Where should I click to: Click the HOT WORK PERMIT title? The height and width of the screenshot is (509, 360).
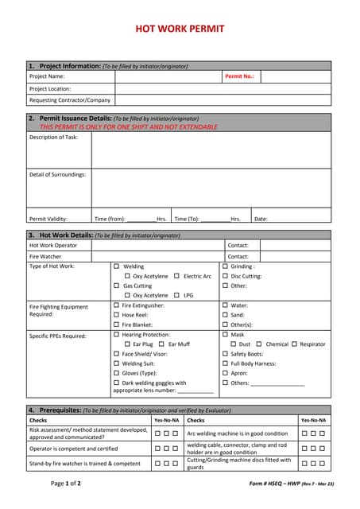180,29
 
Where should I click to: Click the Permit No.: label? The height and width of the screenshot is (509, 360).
239,76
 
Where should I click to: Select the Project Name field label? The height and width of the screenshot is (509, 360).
47,76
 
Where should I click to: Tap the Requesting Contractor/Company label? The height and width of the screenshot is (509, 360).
70,100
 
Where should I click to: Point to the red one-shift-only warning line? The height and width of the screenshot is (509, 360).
128,126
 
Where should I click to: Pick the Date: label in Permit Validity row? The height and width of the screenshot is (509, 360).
261,219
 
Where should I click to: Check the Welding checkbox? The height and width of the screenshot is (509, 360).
117,266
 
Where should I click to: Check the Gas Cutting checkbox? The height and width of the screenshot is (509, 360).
117,286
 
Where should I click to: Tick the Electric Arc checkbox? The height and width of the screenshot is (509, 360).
176,276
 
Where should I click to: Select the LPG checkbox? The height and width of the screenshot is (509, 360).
176,295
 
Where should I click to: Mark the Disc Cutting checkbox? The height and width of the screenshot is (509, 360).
225,276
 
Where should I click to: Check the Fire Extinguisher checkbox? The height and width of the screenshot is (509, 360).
117,305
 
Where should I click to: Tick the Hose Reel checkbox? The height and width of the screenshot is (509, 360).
117,315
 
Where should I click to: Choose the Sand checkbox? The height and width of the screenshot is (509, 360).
225,315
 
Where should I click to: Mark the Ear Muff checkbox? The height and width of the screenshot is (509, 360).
162,344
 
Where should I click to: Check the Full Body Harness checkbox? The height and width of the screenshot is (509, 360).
225,363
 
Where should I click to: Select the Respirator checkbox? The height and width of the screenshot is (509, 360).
294,344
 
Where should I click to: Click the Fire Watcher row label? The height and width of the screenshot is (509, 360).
45,257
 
